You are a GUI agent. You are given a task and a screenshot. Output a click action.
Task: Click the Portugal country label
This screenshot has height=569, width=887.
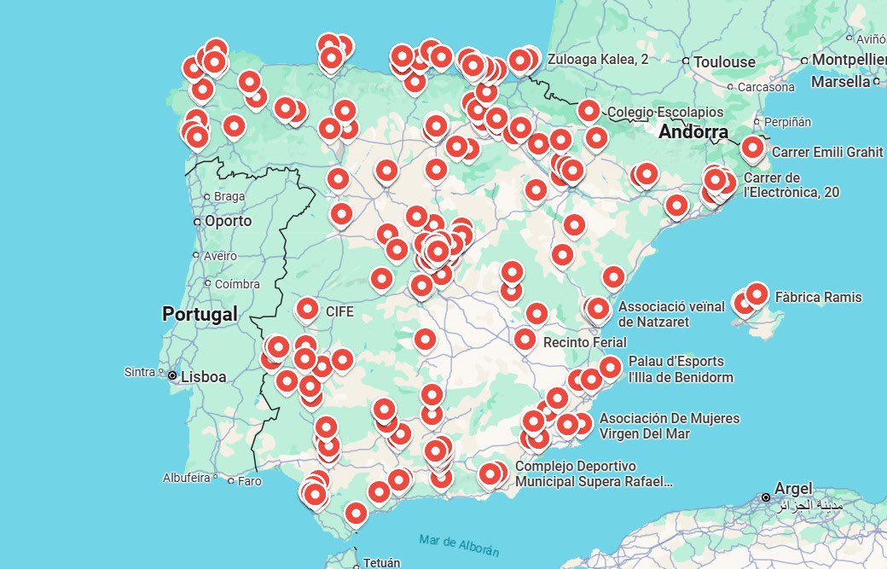(x=200, y=314)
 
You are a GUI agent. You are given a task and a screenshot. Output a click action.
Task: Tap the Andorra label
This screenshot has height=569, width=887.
(x=693, y=132)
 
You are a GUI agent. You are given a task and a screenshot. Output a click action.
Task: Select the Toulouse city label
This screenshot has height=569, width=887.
(x=724, y=61)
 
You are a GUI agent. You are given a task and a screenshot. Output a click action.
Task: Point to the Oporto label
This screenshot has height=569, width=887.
(x=228, y=221)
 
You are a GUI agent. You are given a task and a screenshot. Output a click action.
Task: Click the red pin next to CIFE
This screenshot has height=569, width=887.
(x=307, y=310)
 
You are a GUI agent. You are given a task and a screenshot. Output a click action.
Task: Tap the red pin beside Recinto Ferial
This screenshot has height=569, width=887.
(x=525, y=340)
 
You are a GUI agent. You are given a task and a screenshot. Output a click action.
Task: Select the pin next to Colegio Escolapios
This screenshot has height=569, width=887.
(x=588, y=111)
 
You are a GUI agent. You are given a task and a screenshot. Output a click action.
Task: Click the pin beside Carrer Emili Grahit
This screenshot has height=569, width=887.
(x=752, y=148)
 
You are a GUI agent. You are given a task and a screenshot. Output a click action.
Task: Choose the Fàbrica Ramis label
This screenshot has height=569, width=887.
(x=818, y=298)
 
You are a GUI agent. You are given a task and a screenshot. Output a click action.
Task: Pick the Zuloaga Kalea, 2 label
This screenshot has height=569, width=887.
(x=597, y=59)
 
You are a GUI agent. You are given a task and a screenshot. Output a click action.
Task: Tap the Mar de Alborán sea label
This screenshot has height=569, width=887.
(x=459, y=545)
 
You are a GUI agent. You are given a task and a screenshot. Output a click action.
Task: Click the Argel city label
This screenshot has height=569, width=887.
(x=793, y=488)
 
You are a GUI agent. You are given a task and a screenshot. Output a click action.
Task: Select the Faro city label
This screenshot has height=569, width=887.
(x=249, y=481)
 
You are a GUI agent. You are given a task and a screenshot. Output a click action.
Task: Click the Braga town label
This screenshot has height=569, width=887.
(x=229, y=196)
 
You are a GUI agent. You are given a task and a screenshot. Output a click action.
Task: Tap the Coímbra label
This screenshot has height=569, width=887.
(x=236, y=284)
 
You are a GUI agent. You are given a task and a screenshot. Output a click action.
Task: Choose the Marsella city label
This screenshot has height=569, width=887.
(x=840, y=82)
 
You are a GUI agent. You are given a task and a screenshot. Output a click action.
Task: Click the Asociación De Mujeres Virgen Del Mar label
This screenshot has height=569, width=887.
(x=669, y=426)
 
